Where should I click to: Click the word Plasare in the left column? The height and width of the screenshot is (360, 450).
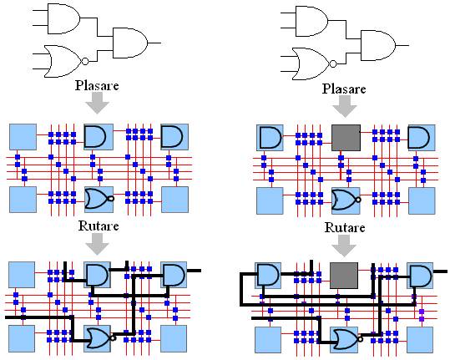[x=97, y=85]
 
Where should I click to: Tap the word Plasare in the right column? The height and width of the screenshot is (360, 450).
[x=344, y=89]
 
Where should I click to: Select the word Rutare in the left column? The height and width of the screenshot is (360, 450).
[x=99, y=226]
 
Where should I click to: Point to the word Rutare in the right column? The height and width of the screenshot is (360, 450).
[x=345, y=228]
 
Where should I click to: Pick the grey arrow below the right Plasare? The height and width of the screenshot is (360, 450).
[x=344, y=106]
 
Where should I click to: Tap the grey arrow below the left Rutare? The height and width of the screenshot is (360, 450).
[x=98, y=244]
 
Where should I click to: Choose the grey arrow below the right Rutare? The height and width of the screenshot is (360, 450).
[x=344, y=246]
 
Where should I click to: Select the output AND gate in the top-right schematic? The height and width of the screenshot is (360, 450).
[x=378, y=45]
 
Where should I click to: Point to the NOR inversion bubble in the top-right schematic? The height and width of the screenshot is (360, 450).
[x=333, y=63]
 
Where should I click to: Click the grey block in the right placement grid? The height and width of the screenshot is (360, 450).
[x=346, y=138]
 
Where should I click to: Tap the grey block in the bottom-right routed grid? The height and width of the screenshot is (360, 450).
[x=344, y=276]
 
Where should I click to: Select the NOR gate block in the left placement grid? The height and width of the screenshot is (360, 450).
[x=99, y=200]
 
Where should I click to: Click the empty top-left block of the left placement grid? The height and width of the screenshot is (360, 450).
[x=23, y=137]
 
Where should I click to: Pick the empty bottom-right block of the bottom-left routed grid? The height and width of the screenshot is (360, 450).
[x=174, y=339]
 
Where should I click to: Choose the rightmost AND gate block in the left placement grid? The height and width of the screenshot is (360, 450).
[x=174, y=137]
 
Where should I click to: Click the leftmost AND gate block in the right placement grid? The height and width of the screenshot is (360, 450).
[x=270, y=138]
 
